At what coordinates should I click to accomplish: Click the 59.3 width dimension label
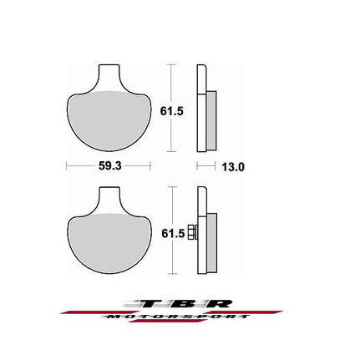(110, 166)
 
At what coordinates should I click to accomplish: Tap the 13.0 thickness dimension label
(233, 167)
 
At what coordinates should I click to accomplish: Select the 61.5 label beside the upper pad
(171, 111)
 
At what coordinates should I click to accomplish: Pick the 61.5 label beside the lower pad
(173, 234)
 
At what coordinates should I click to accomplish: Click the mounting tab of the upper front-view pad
(110, 78)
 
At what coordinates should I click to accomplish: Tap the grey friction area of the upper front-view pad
(109, 121)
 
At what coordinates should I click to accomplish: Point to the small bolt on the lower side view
(193, 231)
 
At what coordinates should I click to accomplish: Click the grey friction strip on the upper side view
(212, 120)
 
